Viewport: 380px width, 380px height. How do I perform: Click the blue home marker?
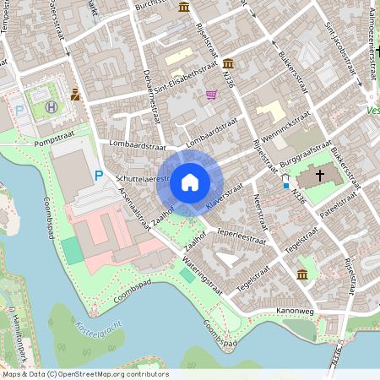click(x=190, y=182)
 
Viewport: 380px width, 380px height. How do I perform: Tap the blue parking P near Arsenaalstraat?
click(x=99, y=176)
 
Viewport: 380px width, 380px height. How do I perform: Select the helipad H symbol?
click(x=52, y=107)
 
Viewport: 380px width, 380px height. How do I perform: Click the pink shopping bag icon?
click(x=210, y=95)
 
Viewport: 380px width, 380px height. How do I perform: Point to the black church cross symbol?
click(x=320, y=176)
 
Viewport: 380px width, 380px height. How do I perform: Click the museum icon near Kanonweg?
click(x=302, y=274)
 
